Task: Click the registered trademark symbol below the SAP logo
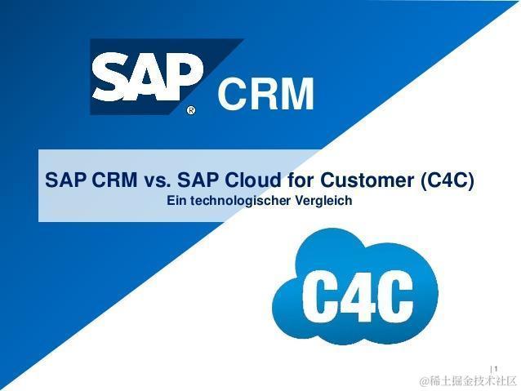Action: pyautogui.click(x=191, y=110)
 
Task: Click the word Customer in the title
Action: pyautogui.click(x=367, y=180)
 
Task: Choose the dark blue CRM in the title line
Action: pyautogui.click(x=114, y=180)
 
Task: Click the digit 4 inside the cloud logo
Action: pyautogui.click(x=358, y=295)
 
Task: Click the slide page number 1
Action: pyautogui.click(x=496, y=369)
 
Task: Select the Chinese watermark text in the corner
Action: pyautogui.click(x=468, y=381)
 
